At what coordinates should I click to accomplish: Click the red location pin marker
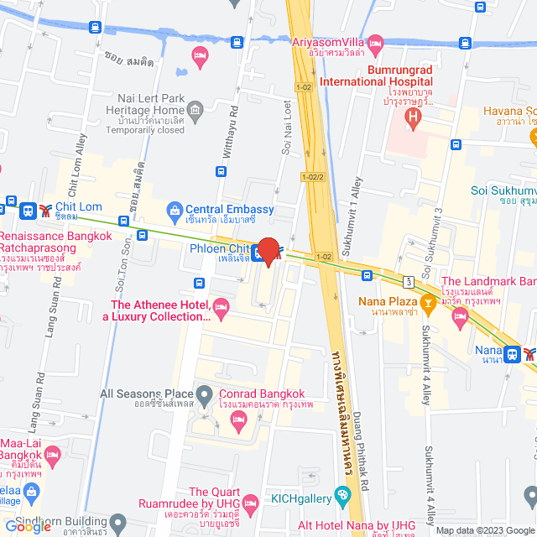268,251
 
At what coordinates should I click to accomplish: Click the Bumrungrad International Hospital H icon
411,118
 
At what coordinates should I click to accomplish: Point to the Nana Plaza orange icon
427,301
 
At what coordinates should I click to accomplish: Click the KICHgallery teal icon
341,498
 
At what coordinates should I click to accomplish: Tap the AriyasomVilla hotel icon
375,43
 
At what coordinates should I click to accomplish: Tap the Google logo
28,526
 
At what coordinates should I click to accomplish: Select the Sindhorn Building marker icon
119,524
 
